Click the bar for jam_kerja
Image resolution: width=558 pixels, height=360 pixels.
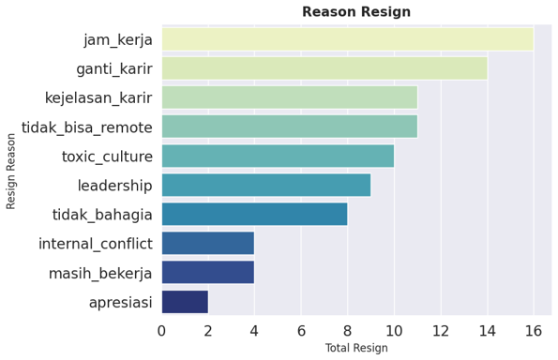point(347,39)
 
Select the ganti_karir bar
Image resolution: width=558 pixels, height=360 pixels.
point(324,68)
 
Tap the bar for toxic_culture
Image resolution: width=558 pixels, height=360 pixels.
point(278,156)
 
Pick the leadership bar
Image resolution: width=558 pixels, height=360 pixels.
point(265,185)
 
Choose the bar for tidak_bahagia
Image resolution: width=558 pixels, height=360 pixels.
point(254,214)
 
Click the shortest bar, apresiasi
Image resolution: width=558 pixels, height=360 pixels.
point(185,301)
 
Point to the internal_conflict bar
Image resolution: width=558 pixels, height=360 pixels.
point(207,243)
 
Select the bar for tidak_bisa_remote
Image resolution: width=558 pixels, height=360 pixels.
point(289,127)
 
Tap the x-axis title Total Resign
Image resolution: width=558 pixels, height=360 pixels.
point(355,348)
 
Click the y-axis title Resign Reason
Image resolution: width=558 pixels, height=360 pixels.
point(12,170)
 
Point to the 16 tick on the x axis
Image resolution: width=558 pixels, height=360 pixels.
point(534,330)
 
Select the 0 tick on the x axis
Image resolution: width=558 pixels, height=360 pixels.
point(161,330)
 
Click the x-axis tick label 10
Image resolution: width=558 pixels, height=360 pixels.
point(394,330)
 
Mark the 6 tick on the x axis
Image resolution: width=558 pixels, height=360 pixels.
point(301,330)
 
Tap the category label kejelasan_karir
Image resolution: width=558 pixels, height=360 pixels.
point(98,97)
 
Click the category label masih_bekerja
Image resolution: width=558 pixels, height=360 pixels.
point(100,273)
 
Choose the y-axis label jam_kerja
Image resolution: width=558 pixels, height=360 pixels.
point(117,39)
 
